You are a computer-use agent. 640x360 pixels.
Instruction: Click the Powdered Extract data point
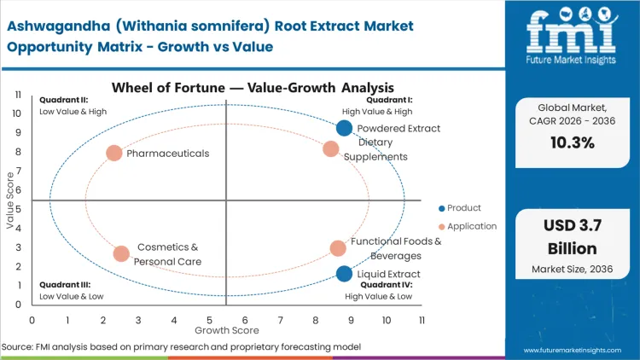(x=344, y=129)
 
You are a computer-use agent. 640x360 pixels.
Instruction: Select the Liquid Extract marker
(x=344, y=274)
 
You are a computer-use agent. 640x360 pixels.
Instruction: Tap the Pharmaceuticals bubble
(x=114, y=154)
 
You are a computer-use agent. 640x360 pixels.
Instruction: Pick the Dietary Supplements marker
(x=331, y=149)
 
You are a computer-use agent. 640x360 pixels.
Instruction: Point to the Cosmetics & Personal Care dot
(x=121, y=253)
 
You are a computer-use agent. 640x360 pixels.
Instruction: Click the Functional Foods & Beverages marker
(x=338, y=248)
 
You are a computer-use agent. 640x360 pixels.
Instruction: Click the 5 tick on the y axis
(x=20, y=209)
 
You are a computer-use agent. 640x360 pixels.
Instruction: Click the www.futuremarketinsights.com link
(x=573, y=350)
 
